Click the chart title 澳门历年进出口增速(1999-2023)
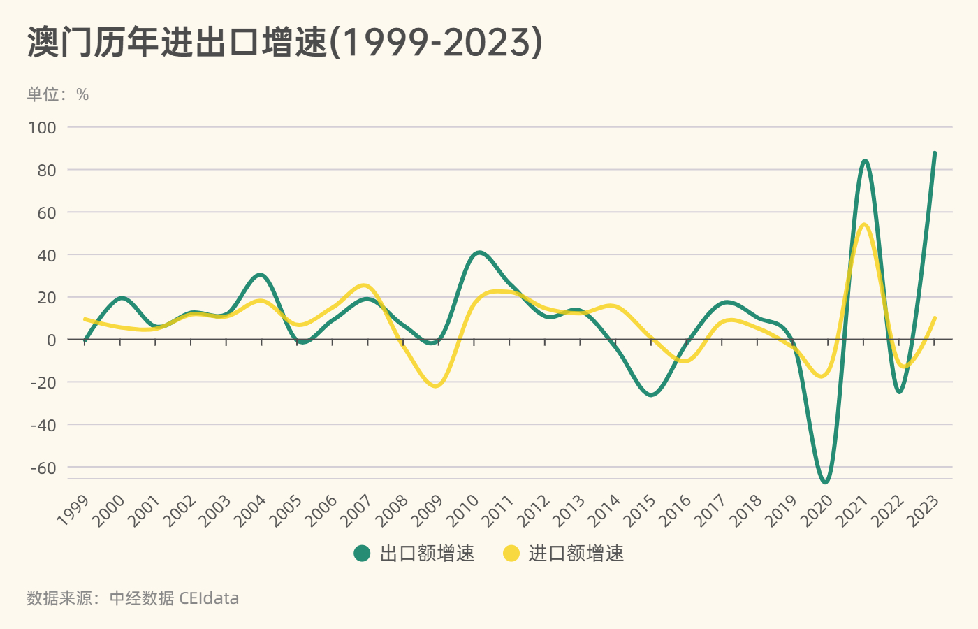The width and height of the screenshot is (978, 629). pyautogui.click(x=284, y=43)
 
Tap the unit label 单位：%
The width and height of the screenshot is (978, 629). pyautogui.click(x=58, y=94)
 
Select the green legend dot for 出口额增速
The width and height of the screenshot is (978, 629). pyautogui.click(x=362, y=554)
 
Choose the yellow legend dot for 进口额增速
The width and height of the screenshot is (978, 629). pyautogui.click(x=511, y=554)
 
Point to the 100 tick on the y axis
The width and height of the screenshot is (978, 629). pyautogui.click(x=43, y=127)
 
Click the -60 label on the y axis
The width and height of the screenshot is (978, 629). pyautogui.click(x=43, y=468)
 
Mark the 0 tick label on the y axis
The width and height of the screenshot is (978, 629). pyautogui.click(x=51, y=340)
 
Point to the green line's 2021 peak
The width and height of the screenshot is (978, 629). pyautogui.click(x=865, y=161)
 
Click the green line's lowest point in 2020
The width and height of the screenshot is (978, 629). pyautogui.click(x=826, y=482)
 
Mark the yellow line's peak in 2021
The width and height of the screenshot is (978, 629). pyautogui.click(x=864, y=224)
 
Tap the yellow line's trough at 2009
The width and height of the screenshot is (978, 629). pyautogui.click(x=437, y=386)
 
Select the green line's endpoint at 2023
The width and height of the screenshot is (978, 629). pyautogui.click(x=935, y=152)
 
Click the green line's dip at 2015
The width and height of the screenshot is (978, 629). pyautogui.click(x=652, y=395)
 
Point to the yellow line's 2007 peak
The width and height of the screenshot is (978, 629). pyautogui.click(x=365, y=285)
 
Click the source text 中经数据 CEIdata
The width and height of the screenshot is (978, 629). pyautogui.click(x=174, y=598)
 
